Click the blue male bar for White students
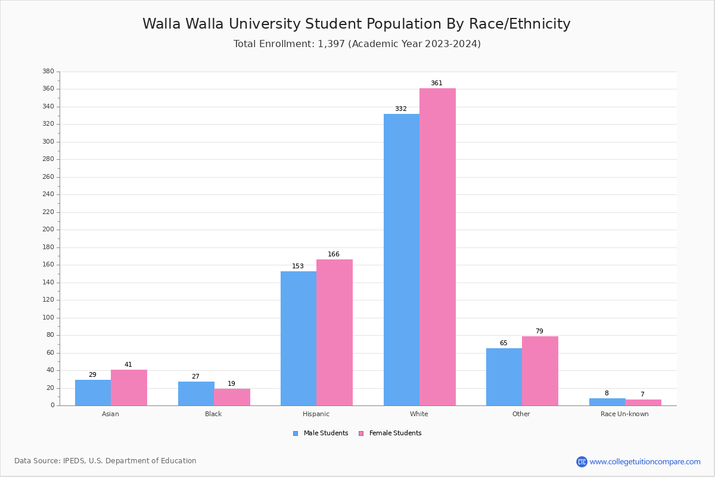click(x=401, y=259)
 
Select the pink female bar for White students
click(x=437, y=247)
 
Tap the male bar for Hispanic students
click(x=299, y=338)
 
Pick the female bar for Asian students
click(x=129, y=388)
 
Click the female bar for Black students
click(x=232, y=397)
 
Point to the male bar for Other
click(x=504, y=377)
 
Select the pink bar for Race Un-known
click(x=643, y=402)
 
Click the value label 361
click(x=437, y=83)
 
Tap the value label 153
click(x=298, y=267)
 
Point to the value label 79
click(x=539, y=332)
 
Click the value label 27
click(x=195, y=377)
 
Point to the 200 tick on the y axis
click(x=48, y=230)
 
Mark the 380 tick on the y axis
click(x=48, y=72)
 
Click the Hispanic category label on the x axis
click(x=316, y=414)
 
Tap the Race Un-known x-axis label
click(x=624, y=414)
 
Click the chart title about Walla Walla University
click(x=356, y=24)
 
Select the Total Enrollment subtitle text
click(x=357, y=44)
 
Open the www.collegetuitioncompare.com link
click(x=645, y=461)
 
